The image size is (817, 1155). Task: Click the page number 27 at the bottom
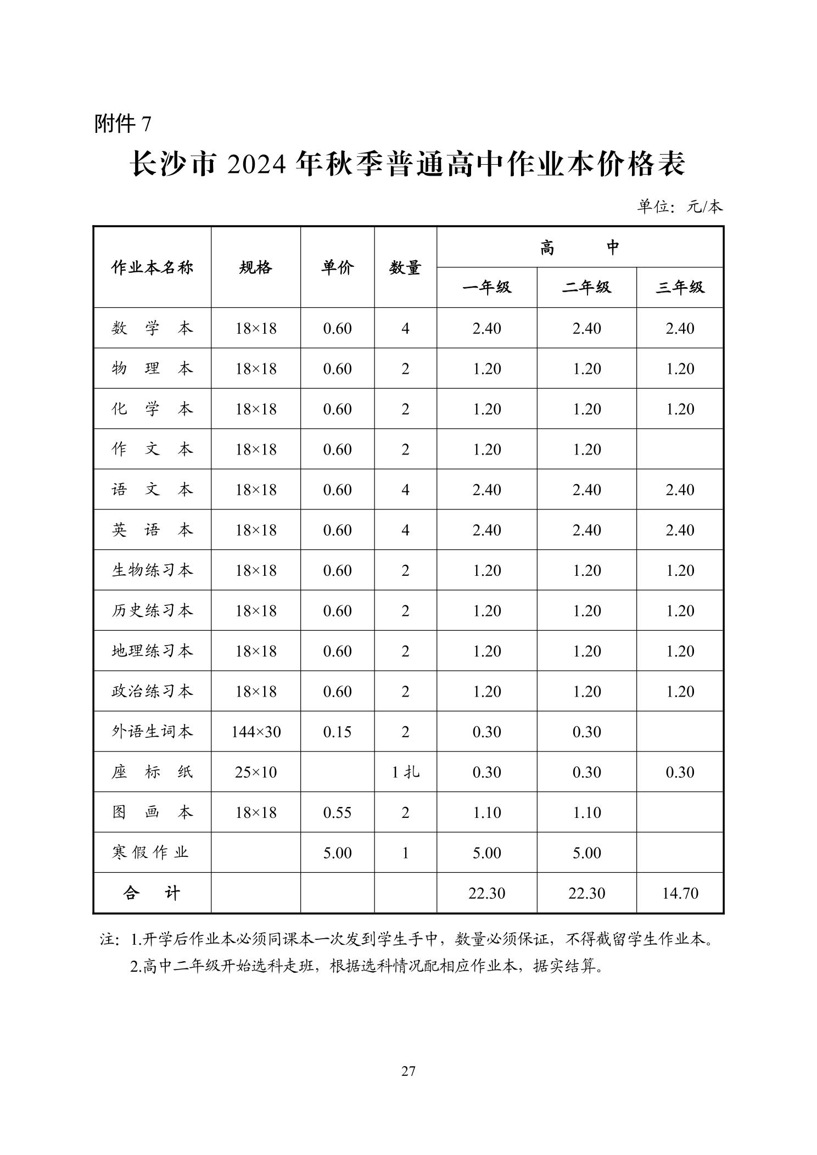[408, 1070]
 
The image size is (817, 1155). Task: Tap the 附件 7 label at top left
[122, 124]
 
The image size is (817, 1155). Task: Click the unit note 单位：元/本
[679, 206]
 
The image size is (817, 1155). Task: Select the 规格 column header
[255, 267]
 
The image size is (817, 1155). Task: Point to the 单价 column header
[337, 267]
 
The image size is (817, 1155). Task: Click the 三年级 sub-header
[679, 287]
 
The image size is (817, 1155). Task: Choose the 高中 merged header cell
[579, 248]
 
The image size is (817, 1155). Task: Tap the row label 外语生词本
[152, 731]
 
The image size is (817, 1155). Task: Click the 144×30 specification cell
[255, 731]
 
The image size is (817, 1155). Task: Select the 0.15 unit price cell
[337, 731]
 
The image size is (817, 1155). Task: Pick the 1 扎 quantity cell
[405, 772]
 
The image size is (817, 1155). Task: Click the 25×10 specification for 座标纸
[255, 772]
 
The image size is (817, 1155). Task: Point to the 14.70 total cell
[680, 893]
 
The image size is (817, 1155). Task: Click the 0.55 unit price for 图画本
[337, 812]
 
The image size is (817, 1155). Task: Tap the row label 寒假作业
[150, 853]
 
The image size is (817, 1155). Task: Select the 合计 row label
[152, 893]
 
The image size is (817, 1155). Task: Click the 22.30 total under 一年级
[486, 893]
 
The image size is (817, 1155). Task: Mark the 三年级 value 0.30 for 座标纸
[680, 772]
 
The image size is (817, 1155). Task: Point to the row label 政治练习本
[152, 691]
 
